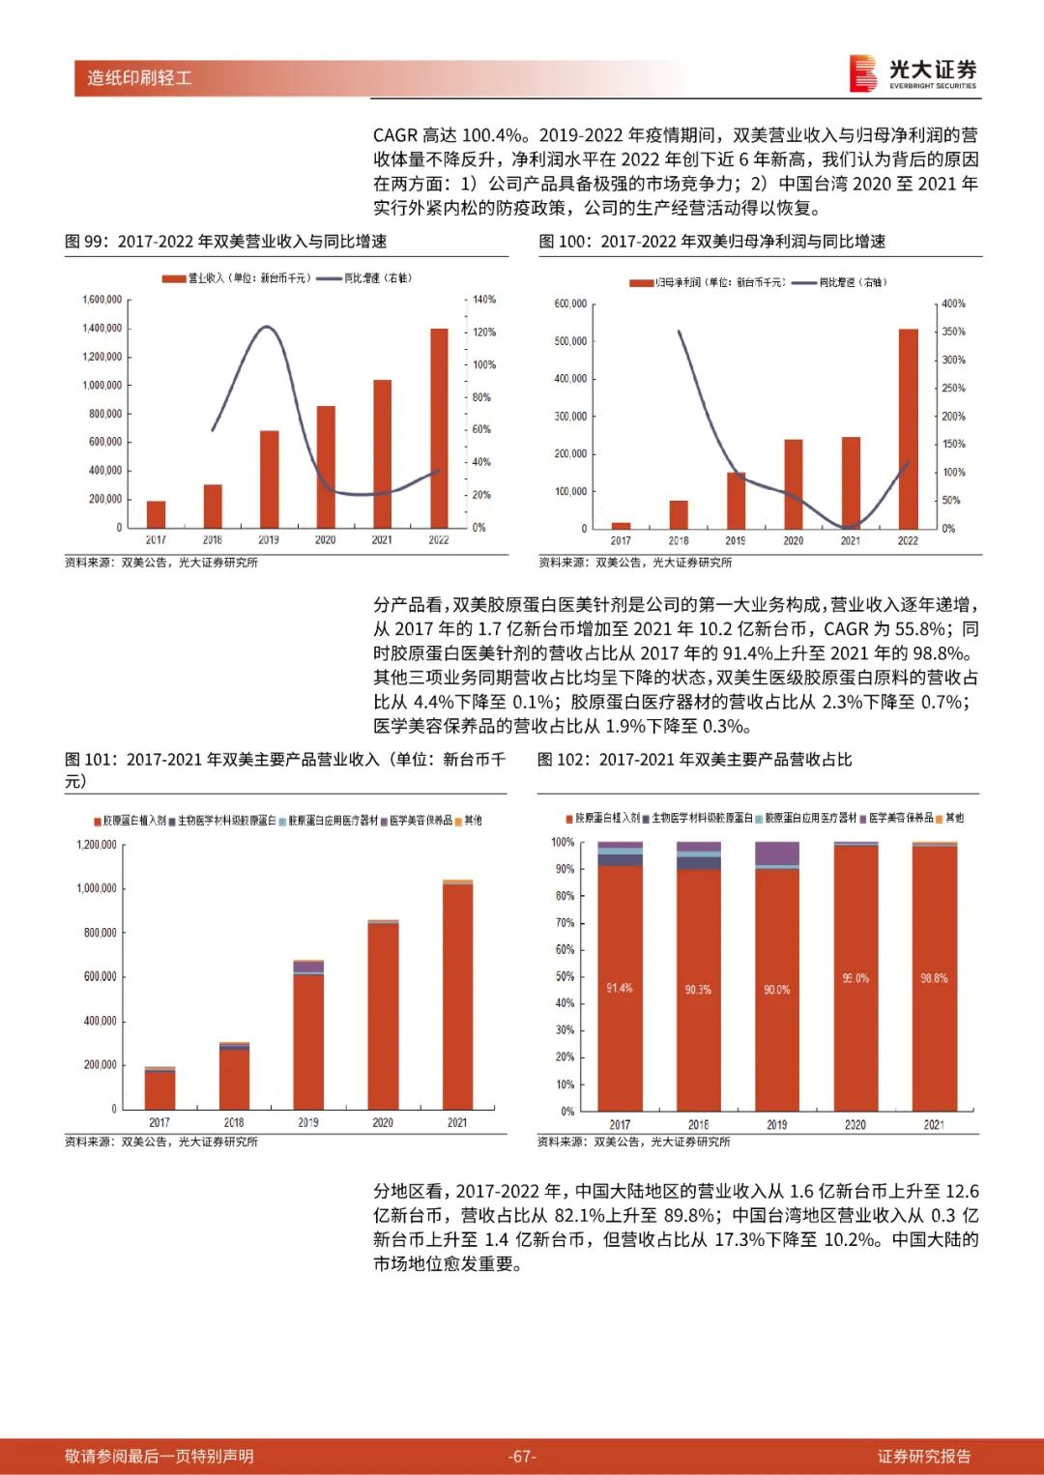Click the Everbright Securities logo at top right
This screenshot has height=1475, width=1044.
click(913, 73)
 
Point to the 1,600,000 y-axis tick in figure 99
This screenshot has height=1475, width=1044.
click(102, 300)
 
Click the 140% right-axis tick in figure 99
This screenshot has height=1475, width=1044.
click(484, 300)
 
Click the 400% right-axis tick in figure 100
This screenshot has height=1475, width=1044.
click(953, 304)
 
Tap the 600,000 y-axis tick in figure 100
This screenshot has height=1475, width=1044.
click(570, 304)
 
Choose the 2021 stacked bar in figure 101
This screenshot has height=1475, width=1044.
click(457, 995)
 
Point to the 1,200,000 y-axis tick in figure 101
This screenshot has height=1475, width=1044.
click(97, 845)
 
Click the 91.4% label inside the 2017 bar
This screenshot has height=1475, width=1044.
click(619, 988)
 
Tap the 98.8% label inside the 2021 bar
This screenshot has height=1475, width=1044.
click(934, 978)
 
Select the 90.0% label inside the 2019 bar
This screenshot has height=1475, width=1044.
click(776, 990)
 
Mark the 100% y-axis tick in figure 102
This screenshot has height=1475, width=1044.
click(563, 842)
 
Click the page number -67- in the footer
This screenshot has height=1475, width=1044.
click(522, 1456)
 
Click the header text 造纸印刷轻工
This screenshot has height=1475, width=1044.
click(139, 77)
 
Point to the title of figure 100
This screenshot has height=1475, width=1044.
click(712, 242)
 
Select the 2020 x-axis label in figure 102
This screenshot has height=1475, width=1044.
click(855, 1124)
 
